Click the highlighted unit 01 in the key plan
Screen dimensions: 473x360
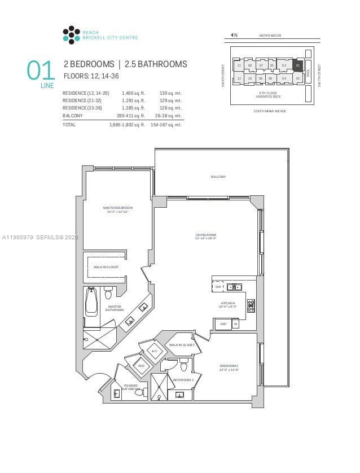pyautogui.click(x=298, y=65)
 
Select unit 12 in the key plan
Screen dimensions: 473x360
pyautogui.click(x=239, y=78)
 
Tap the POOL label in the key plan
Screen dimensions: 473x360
pyautogui.click(x=308, y=72)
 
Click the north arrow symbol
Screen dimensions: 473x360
pyautogui.click(x=234, y=36)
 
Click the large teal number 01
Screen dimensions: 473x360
pyautogui.click(x=41, y=71)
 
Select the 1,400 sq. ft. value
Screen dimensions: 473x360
pyautogui.click(x=134, y=93)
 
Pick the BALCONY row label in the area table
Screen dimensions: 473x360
pyautogui.click(x=72, y=116)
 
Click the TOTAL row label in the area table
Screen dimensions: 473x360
pyautogui.click(x=69, y=125)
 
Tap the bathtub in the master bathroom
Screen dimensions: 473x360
pyautogui.click(x=91, y=303)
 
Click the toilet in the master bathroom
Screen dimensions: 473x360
pyautogui.click(x=108, y=293)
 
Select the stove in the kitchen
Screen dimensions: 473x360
pyautogui.click(x=251, y=305)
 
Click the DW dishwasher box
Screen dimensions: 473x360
pyautogui.click(x=218, y=287)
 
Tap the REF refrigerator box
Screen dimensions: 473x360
pyautogui.click(x=223, y=324)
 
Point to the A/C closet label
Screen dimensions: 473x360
pyautogui.click(x=154, y=351)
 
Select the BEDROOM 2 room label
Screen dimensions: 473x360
pyautogui.click(x=229, y=367)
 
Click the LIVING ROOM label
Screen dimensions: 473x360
pyautogui.click(x=206, y=236)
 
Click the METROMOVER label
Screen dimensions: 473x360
pyautogui.click(x=270, y=36)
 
